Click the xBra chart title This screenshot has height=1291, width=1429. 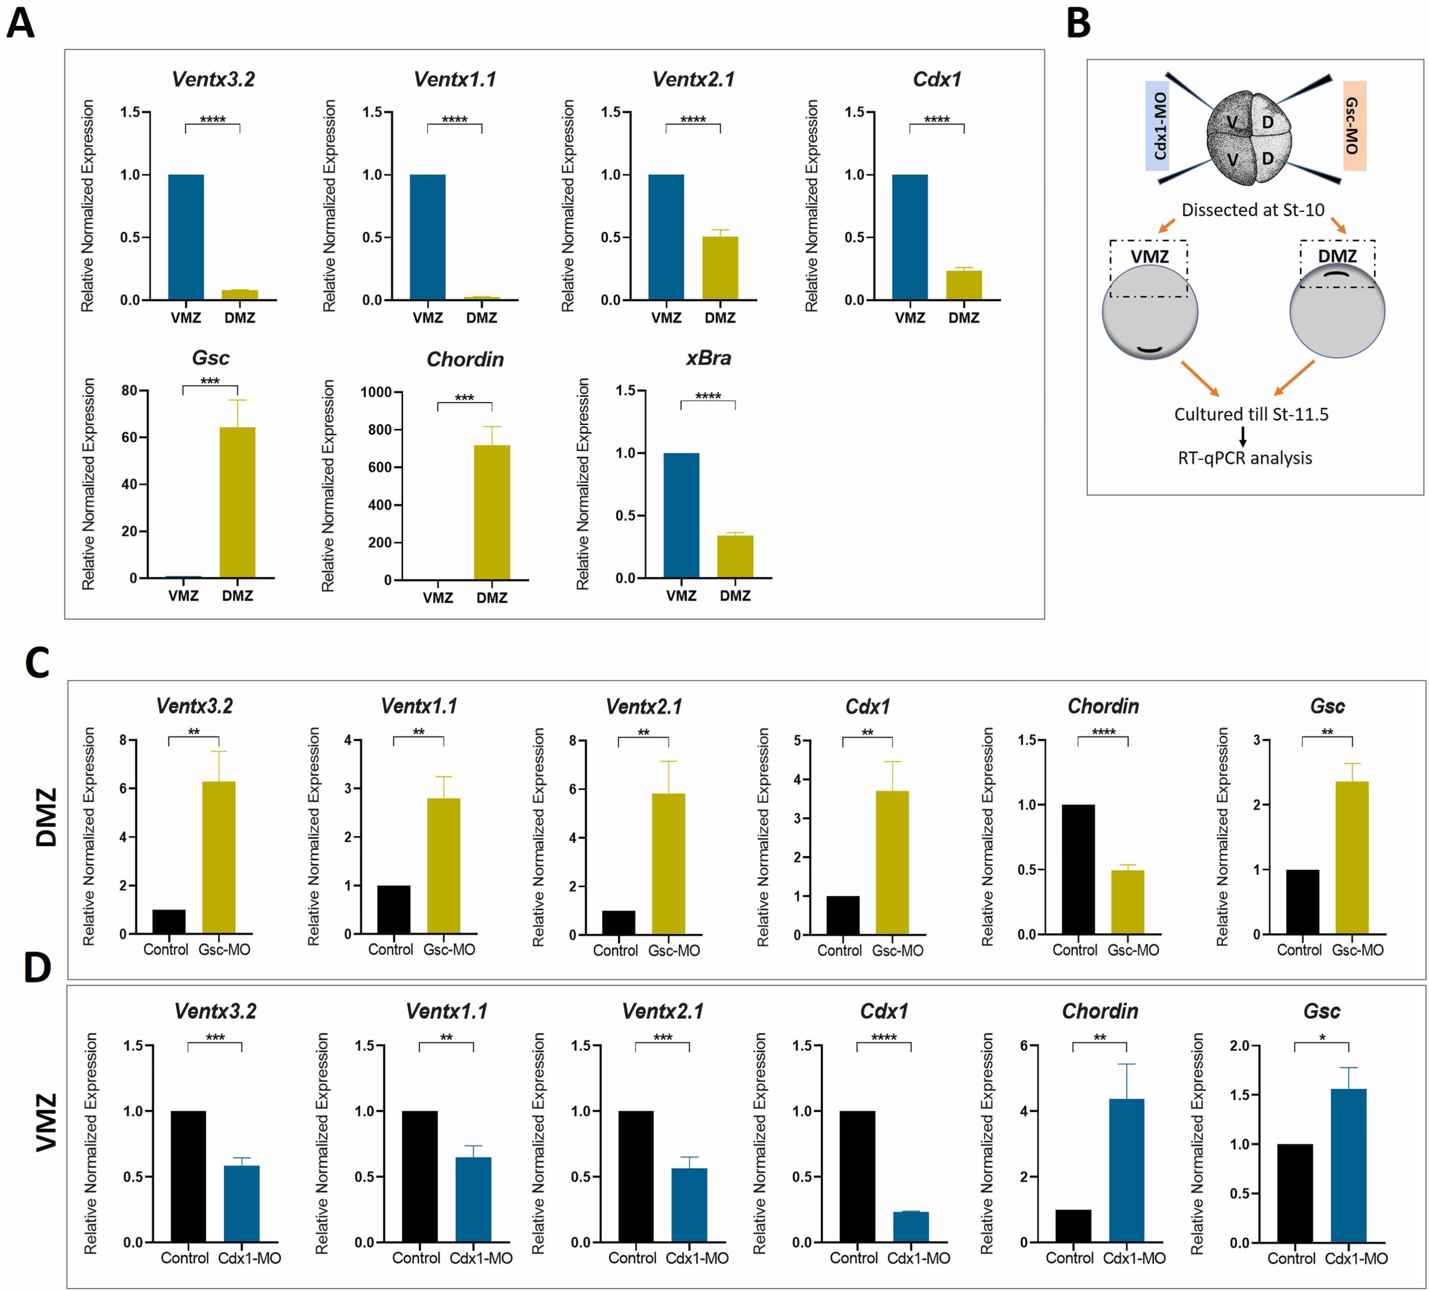[708, 358]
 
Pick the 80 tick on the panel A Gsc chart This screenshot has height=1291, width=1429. [130, 391]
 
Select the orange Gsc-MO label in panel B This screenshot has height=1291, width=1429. [1354, 125]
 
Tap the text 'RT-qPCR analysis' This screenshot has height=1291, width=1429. [1244, 458]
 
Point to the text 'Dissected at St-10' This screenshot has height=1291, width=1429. [1253, 210]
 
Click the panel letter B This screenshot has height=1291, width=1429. [1078, 24]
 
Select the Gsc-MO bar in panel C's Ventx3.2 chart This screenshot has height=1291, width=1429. [219, 857]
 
